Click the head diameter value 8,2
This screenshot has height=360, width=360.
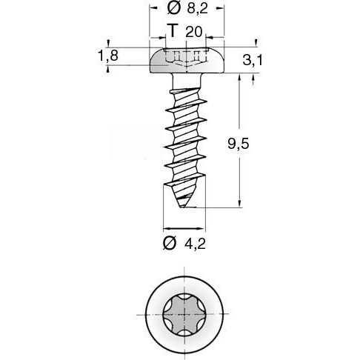click(x=196, y=8)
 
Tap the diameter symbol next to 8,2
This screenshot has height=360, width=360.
click(x=173, y=8)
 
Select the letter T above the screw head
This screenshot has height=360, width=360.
click(x=173, y=31)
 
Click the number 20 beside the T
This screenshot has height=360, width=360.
click(x=194, y=31)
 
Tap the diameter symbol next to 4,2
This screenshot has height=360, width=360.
click(x=169, y=244)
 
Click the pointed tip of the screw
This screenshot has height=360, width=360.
click(x=184, y=209)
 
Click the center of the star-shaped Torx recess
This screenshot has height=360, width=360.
click(x=184, y=315)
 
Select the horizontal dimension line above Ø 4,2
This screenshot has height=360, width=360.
click(x=184, y=227)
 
